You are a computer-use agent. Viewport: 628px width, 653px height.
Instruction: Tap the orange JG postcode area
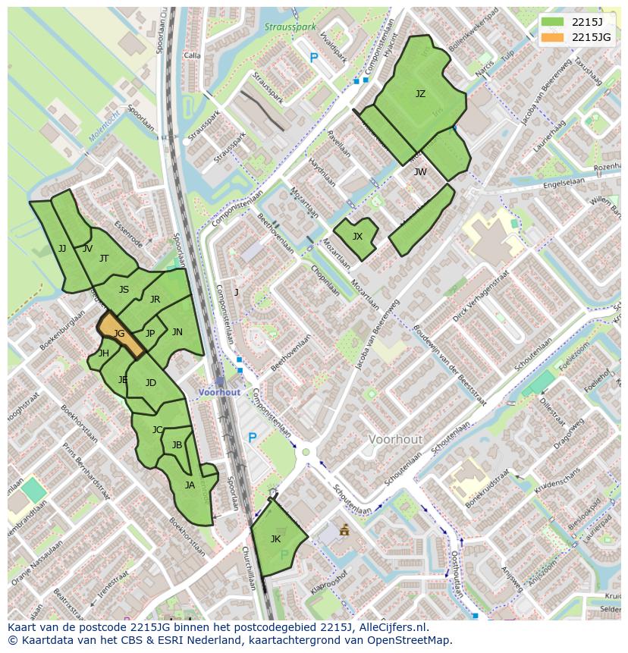coord(120,334)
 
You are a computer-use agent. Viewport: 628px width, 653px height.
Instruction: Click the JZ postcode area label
coord(420,94)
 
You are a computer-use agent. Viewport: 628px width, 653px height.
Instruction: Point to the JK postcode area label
coord(275,539)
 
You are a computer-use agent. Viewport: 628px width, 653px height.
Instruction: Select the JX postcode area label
coord(357,237)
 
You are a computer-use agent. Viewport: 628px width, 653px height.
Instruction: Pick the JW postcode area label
coord(420,172)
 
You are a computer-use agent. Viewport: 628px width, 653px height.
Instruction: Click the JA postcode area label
coord(190,485)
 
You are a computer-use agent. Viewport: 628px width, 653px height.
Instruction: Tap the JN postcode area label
coord(177,332)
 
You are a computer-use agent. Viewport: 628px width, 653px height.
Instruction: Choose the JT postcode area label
coord(104,259)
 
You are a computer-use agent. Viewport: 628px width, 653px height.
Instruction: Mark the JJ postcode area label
coord(62,249)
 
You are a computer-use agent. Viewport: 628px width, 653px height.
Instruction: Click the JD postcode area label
coord(150,383)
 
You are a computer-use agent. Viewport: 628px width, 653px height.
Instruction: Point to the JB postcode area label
coord(177,445)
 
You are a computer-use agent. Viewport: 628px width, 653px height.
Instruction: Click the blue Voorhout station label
coord(219,392)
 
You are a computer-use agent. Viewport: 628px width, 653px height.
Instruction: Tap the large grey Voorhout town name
coord(394,439)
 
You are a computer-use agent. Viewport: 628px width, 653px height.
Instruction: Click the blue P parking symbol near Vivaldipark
coord(313,57)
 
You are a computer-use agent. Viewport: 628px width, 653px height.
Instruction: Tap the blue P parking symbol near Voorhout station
coord(253,438)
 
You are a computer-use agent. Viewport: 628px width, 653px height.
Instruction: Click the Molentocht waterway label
coord(104,127)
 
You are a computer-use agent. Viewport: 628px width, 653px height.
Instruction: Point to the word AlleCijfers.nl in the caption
coord(394,627)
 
